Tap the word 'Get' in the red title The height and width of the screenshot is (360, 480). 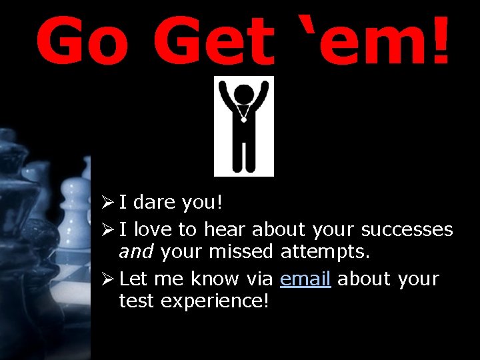point(212,41)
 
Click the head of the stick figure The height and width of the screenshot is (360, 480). point(244,94)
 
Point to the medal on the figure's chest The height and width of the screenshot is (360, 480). point(244,119)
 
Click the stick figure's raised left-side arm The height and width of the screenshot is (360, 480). point(224,97)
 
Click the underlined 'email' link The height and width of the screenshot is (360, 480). point(305,279)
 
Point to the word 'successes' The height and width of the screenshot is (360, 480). point(407,230)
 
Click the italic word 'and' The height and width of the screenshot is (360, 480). point(136,251)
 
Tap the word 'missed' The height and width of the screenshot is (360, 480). point(241,251)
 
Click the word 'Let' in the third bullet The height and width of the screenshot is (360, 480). point(133,279)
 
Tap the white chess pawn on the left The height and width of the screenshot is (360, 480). point(75,200)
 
